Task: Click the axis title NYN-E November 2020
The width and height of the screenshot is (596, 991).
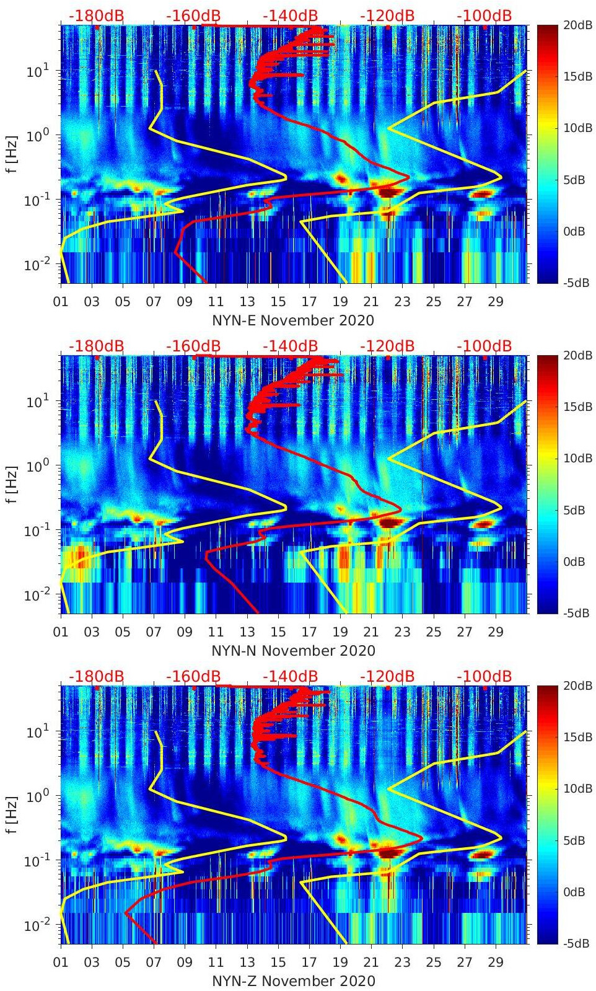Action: [293, 320]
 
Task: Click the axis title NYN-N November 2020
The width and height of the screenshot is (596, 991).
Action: [293, 651]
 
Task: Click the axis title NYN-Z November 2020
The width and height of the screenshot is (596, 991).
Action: [293, 981]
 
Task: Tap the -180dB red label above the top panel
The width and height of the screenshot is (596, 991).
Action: [96, 15]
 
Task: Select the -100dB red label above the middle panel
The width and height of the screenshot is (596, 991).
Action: [484, 346]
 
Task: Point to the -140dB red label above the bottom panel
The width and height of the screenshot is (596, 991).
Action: [290, 676]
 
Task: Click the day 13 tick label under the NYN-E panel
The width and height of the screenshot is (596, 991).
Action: [247, 302]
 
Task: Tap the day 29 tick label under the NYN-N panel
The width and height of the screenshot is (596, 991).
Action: [496, 632]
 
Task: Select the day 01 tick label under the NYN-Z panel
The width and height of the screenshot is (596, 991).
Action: [61, 962]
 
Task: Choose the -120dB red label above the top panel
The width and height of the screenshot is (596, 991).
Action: [387, 15]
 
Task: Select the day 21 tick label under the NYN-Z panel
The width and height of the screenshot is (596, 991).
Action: [371, 962]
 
